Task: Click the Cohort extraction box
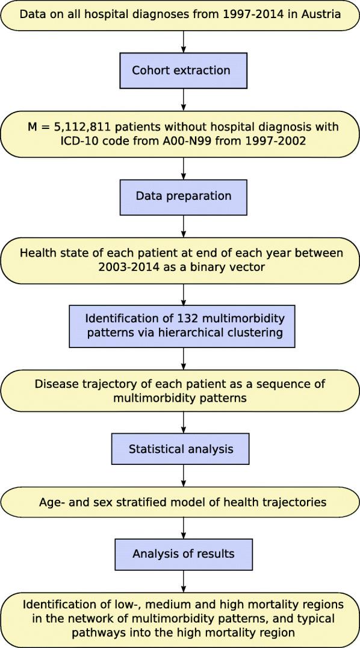tap(182, 70)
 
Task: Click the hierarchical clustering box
tap(182, 326)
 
